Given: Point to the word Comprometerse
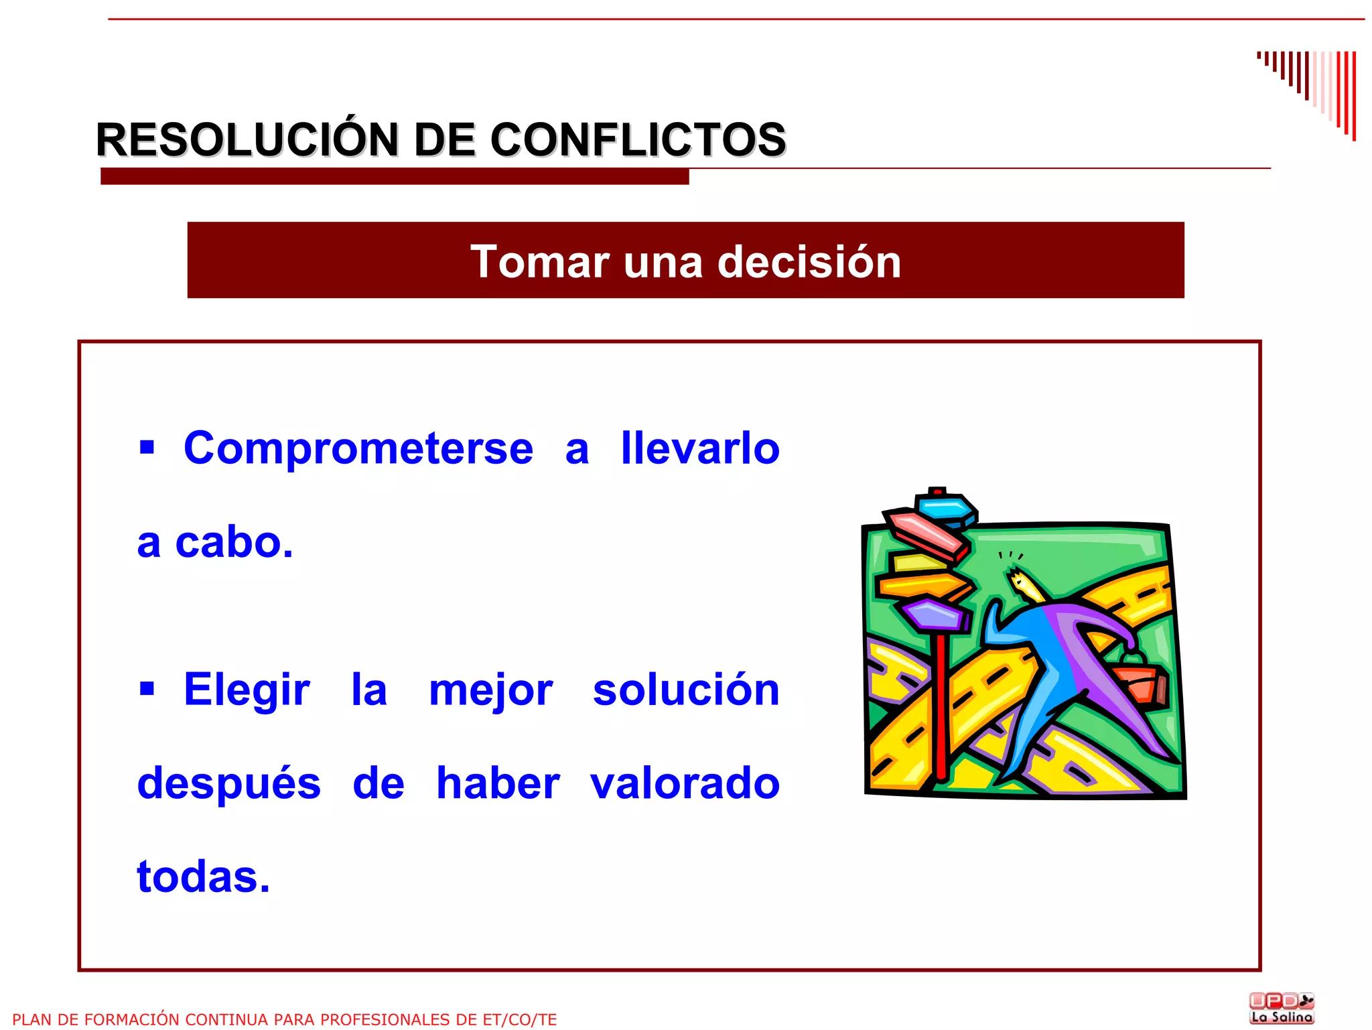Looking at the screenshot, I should (x=358, y=448).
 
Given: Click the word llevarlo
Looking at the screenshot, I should (x=700, y=448).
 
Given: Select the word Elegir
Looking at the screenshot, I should (x=247, y=690).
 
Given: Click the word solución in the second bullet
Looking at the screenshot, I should (x=686, y=690).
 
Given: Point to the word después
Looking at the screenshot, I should (x=228, y=784).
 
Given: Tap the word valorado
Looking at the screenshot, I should (x=685, y=783).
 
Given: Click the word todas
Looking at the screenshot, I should (x=203, y=877).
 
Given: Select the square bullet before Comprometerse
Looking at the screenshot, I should (x=147, y=447).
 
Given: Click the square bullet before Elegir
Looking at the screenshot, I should (x=147, y=688).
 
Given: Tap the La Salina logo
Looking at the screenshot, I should (x=1282, y=1008).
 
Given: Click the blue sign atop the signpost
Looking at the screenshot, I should (x=945, y=508).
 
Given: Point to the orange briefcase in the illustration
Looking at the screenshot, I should (x=1140, y=682).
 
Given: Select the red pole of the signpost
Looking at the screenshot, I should (x=941, y=710).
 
